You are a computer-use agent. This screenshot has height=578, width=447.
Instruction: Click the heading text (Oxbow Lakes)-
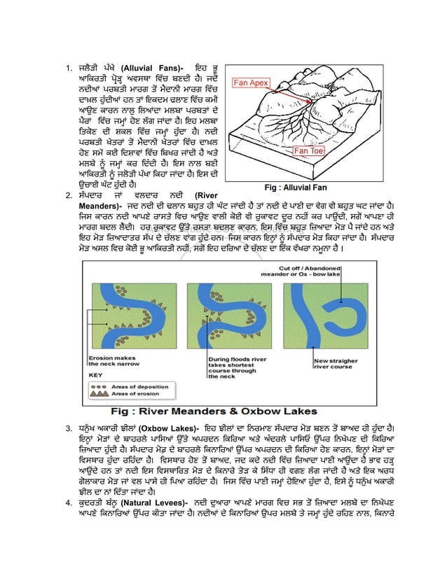click(171, 428)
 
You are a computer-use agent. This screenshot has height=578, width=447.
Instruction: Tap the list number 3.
click(68, 429)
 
